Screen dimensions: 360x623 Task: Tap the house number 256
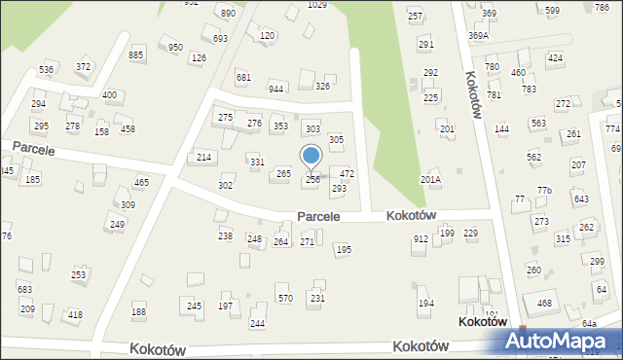pos(312,179)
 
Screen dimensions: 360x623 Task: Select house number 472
pos(347,173)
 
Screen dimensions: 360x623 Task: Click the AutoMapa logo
pos(562,342)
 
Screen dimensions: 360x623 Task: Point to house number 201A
pos(430,179)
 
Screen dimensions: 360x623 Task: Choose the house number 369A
pos(478,35)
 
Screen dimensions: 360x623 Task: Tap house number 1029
pos(316,5)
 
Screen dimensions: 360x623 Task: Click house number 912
pos(421,238)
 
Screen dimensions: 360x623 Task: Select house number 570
pos(284,298)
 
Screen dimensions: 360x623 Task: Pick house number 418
pos(75,314)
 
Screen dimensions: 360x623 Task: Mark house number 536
pos(46,70)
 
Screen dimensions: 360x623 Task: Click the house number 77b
pos(543,190)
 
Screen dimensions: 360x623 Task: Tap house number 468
pos(544,304)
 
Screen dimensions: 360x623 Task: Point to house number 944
pos(276,89)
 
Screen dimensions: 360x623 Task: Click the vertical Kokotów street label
pos(474,94)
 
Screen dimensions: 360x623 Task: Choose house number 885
pos(136,55)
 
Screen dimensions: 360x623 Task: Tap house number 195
pos(343,250)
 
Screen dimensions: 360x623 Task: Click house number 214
pos(203,157)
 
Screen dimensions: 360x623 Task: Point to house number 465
pos(141,182)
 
